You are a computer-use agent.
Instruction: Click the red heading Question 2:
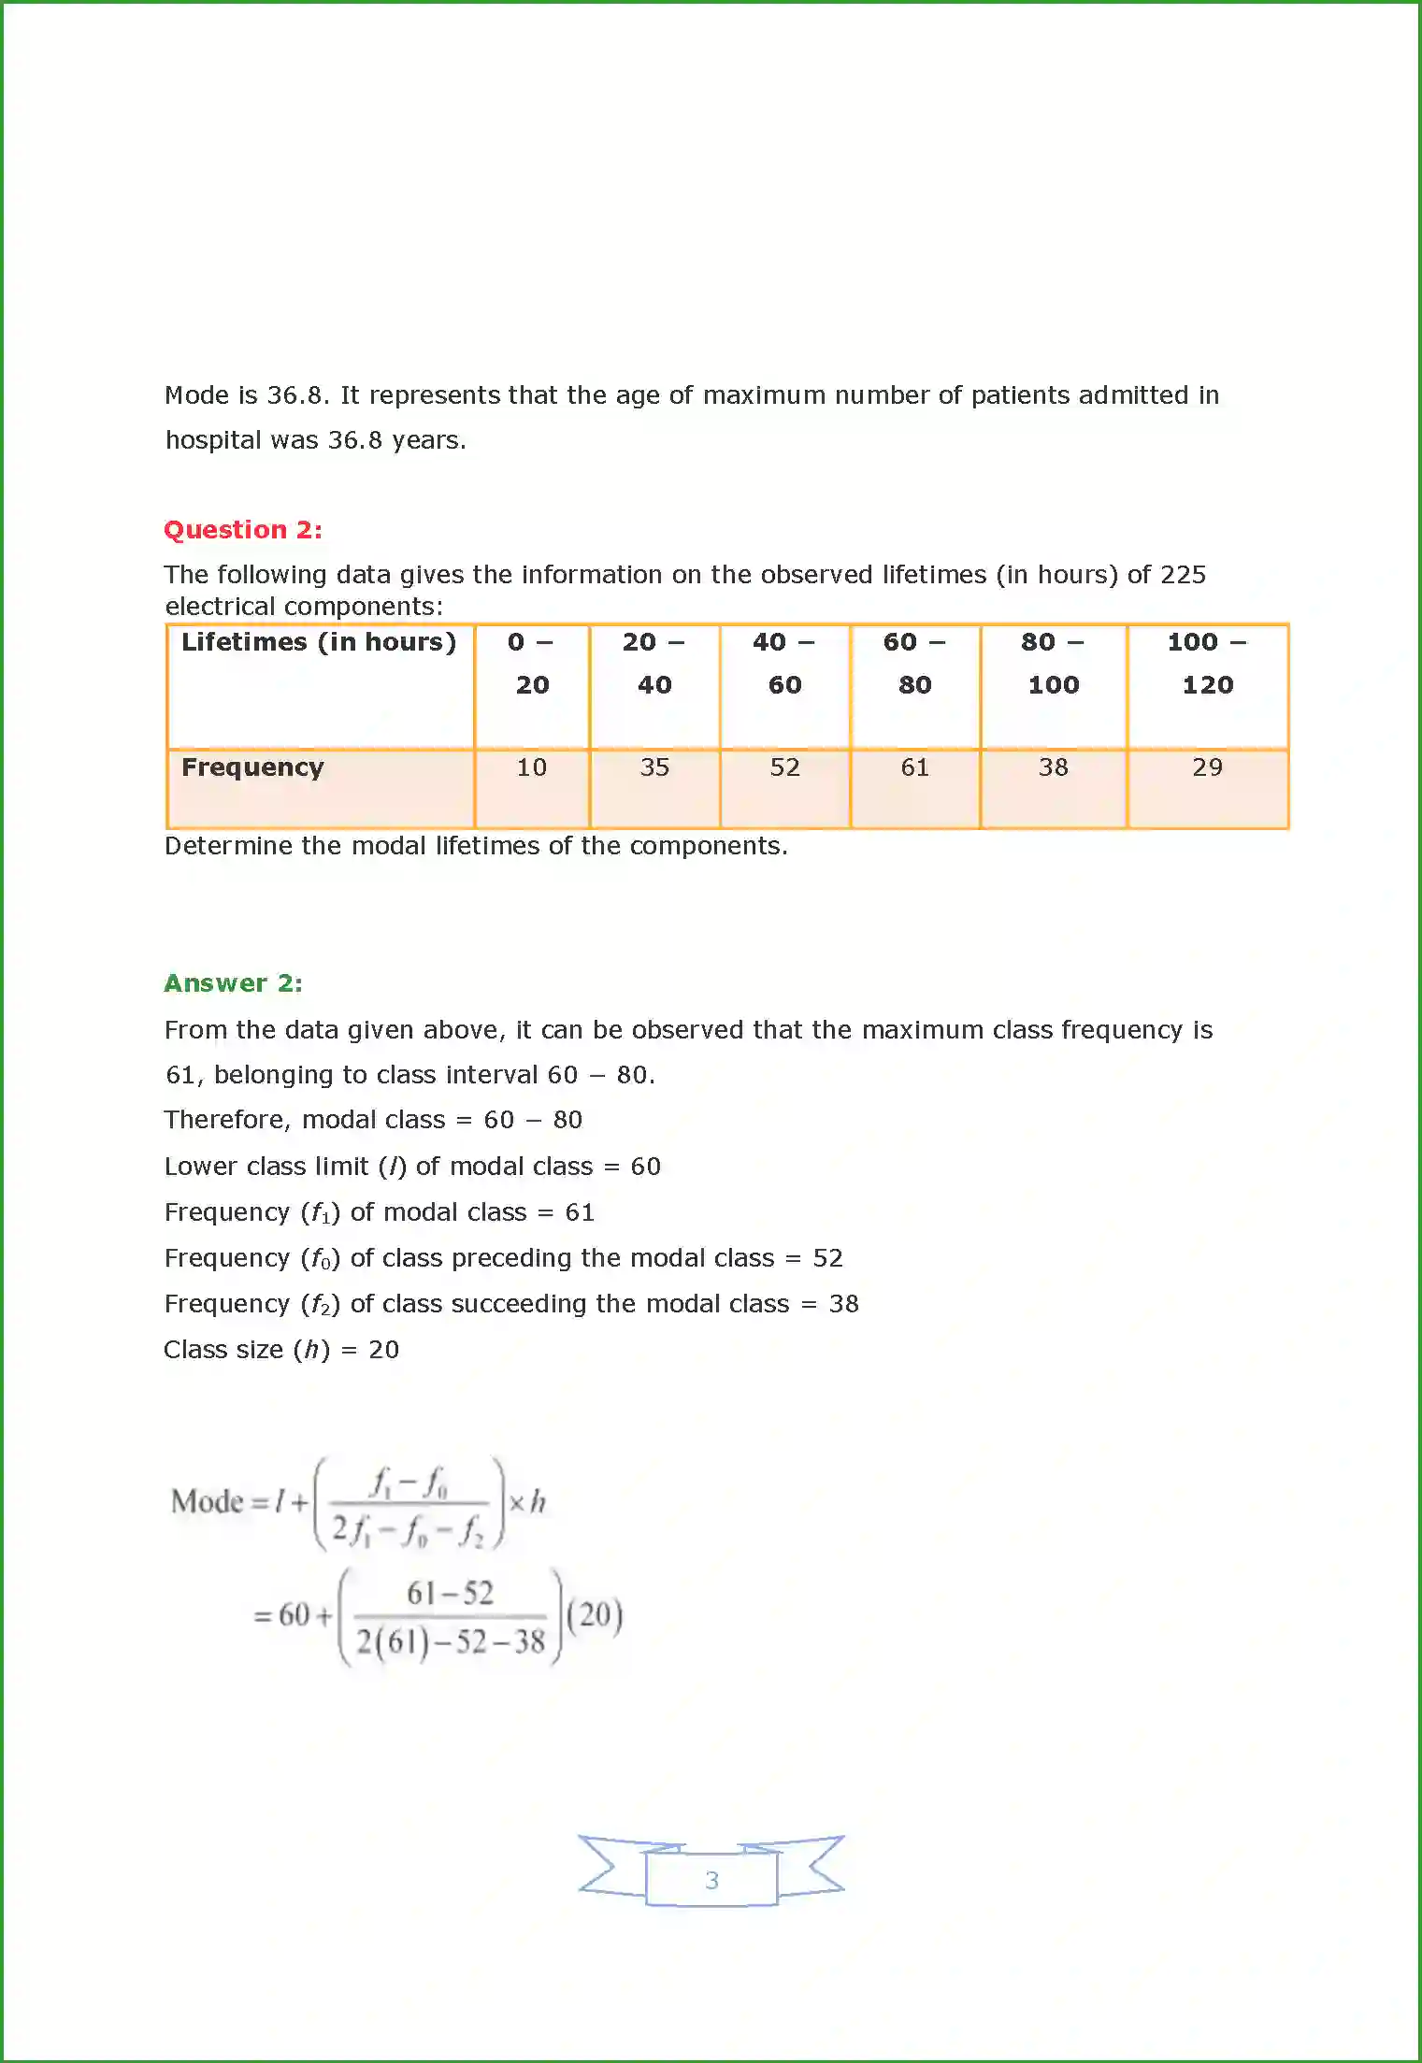click(x=243, y=530)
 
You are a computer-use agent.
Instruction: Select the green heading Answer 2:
click(x=233, y=983)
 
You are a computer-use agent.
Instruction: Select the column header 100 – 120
click(x=1207, y=664)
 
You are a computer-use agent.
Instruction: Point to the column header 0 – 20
click(x=532, y=664)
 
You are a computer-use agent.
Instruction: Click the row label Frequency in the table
click(x=252, y=767)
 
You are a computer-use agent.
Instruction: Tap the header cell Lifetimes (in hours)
click(x=319, y=643)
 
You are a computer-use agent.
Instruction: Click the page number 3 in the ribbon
click(x=711, y=1880)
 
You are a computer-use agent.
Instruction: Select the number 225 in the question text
click(x=1183, y=575)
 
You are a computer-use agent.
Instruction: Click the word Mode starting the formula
click(x=207, y=1501)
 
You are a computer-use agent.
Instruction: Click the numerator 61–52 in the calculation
click(x=450, y=1593)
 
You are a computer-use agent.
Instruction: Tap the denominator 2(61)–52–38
click(x=450, y=1641)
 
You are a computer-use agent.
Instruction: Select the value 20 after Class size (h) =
click(x=383, y=1350)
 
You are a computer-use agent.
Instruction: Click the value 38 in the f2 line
click(x=843, y=1304)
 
